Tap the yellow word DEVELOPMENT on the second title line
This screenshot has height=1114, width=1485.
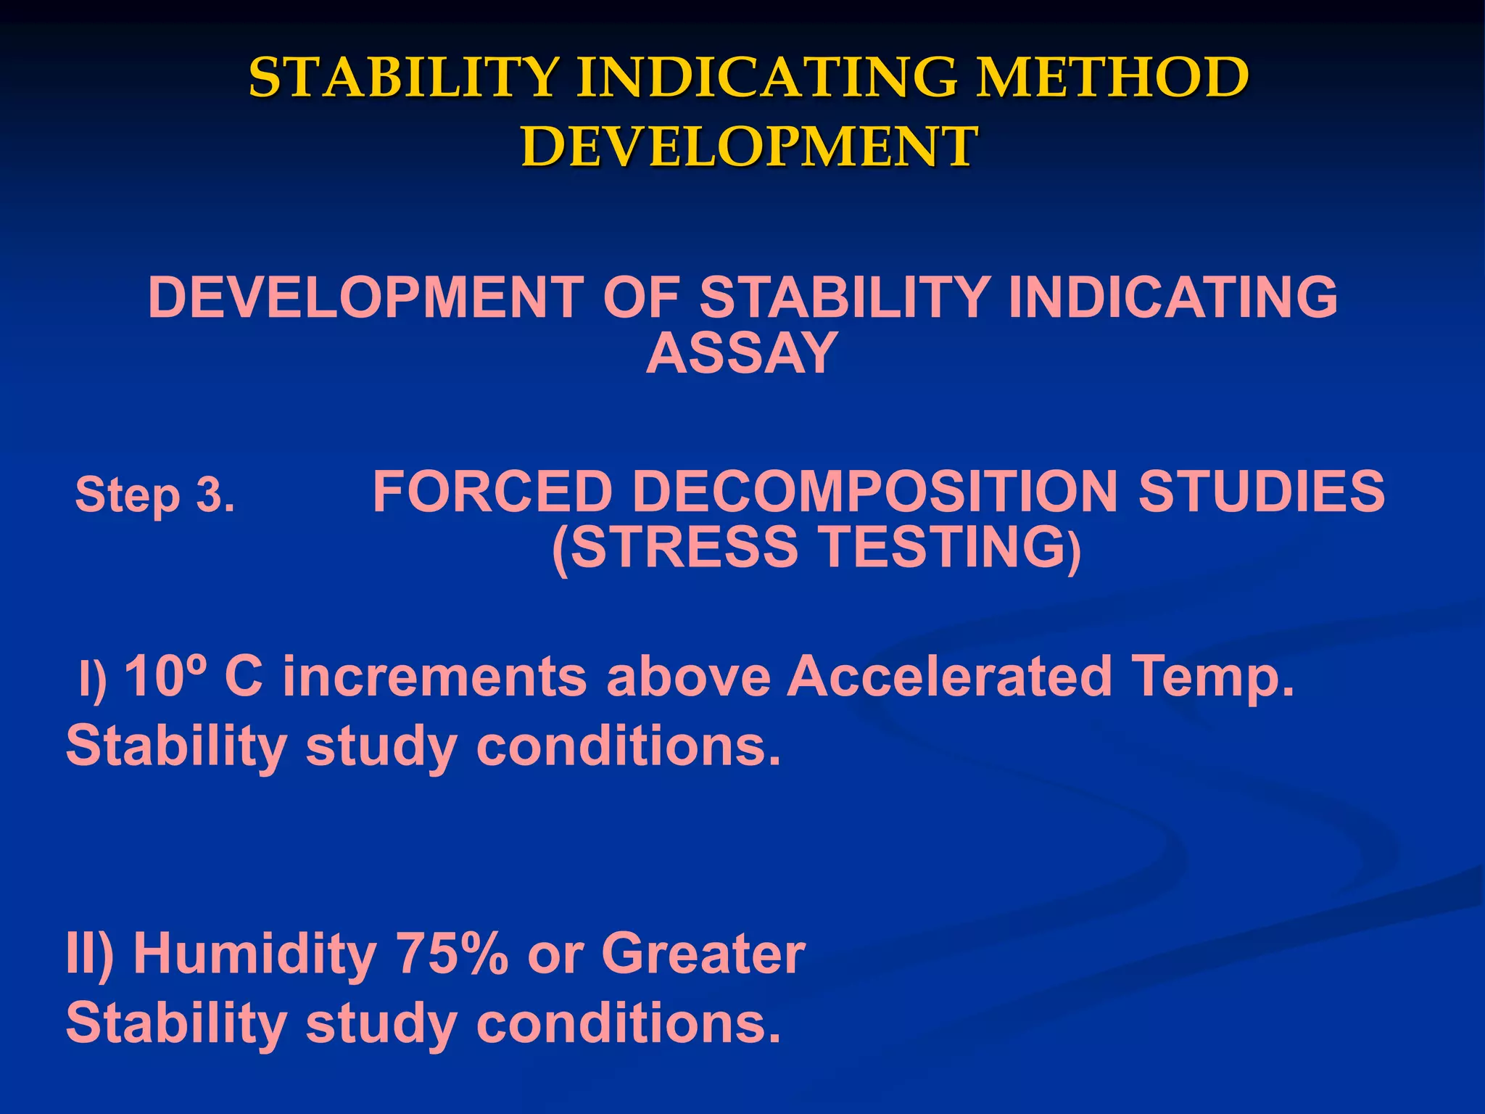pos(749,147)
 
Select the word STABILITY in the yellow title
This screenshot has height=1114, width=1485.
pos(404,78)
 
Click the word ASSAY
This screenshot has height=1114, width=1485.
pos(742,353)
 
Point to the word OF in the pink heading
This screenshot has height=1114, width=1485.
pos(640,297)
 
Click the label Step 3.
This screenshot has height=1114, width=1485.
pos(155,495)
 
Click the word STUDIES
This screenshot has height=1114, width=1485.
pos(1262,492)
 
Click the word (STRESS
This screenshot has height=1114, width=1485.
pos(674,548)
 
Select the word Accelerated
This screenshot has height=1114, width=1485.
pos(949,677)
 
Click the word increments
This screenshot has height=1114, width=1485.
pos(434,677)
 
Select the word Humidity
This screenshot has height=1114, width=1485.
pos(255,954)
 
